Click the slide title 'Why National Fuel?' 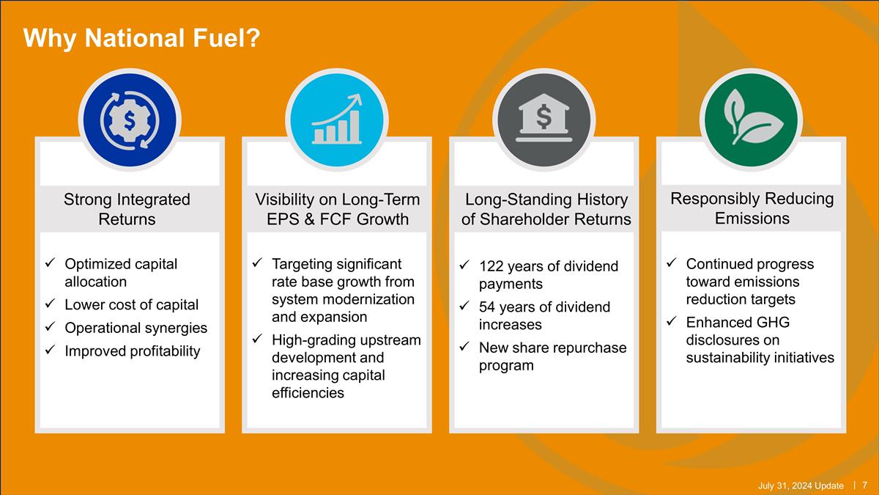click(141, 37)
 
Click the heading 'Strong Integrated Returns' click(127, 209)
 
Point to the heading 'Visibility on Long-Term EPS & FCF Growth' click(337, 209)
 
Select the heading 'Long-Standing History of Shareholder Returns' click(546, 209)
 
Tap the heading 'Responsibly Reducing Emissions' click(752, 208)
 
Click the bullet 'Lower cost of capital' click(131, 304)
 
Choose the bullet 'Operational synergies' click(136, 328)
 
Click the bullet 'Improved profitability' click(132, 351)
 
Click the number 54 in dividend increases click(487, 307)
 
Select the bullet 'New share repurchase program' click(552, 356)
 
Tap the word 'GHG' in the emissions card click(774, 322)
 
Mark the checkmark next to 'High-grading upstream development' click(256, 340)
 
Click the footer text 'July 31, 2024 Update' click(800, 485)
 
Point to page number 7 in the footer click(865, 485)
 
